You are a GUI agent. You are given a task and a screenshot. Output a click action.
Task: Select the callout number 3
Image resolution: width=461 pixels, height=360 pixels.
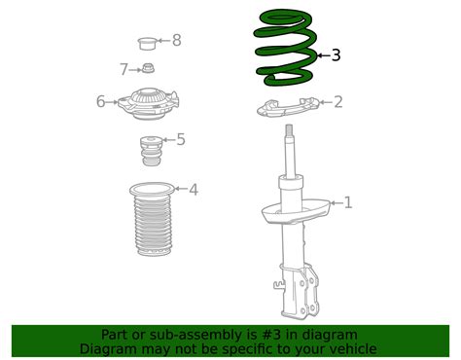click(x=336, y=55)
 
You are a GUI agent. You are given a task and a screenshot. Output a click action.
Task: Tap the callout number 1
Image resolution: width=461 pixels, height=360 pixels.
click(x=348, y=202)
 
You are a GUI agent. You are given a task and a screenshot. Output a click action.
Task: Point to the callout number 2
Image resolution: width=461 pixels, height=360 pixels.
click(x=337, y=101)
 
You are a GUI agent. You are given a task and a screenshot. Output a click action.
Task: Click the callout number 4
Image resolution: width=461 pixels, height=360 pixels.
click(x=193, y=189)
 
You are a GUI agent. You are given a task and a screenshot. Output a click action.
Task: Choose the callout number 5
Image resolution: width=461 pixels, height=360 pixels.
click(x=180, y=139)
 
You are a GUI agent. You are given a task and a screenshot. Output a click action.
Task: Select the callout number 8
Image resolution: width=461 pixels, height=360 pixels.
click(x=176, y=40)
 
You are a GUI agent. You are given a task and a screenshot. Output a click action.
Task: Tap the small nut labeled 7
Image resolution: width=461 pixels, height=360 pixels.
click(x=148, y=68)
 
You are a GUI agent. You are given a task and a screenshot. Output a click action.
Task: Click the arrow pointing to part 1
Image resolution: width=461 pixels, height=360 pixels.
click(x=331, y=202)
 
